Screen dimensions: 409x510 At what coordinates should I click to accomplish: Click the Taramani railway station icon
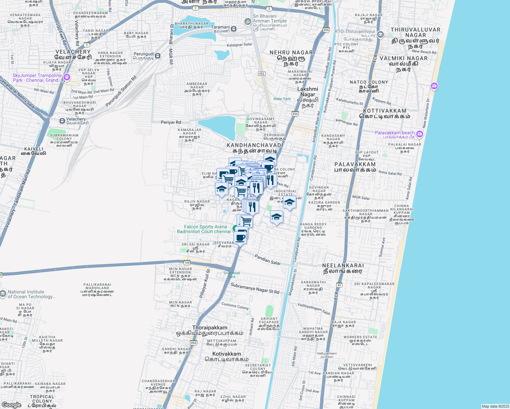point(234,29)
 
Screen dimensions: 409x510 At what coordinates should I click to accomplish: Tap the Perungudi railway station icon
point(158,56)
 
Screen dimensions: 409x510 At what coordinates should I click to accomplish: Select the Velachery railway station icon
point(62,121)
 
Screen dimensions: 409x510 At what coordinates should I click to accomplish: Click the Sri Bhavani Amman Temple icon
point(248,21)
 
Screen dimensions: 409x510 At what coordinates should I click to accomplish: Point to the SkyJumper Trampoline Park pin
point(67,77)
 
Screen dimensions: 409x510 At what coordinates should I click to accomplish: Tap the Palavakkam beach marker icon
point(420,134)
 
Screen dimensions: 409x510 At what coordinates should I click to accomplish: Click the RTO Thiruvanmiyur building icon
point(380,34)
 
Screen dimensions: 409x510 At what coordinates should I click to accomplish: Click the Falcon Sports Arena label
point(204,229)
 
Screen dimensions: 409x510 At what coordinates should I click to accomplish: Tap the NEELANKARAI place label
point(343,266)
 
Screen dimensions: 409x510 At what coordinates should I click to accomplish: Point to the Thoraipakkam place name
point(210,328)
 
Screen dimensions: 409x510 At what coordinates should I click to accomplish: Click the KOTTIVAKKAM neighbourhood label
point(385,111)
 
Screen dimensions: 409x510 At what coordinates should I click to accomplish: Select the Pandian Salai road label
point(268,259)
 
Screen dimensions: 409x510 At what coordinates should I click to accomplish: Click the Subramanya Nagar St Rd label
point(255,288)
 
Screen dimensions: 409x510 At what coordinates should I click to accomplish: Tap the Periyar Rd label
point(171,122)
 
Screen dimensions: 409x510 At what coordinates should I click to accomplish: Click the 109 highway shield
point(187,262)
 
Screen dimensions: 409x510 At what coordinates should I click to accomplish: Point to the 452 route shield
point(261,74)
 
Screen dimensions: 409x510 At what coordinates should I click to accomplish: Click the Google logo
point(12,405)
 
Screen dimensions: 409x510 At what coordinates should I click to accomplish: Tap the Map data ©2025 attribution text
point(495,406)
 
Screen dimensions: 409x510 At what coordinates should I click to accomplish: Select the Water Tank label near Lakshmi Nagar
point(282,99)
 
